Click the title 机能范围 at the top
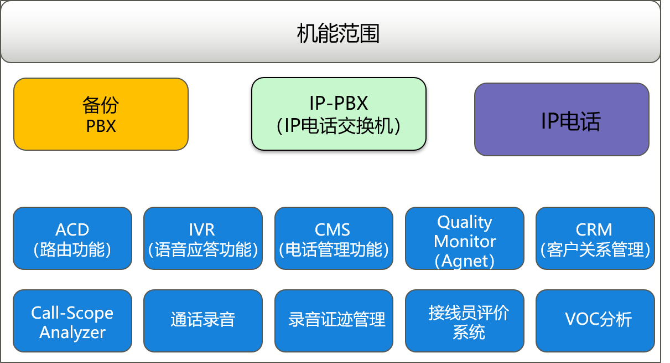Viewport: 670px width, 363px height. pyautogui.click(x=338, y=34)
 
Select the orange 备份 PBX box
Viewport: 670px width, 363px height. pyautogui.click(x=101, y=114)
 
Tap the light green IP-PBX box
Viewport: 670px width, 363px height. pyautogui.click(x=339, y=114)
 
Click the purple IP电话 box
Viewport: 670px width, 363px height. pyautogui.click(x=562, y=120)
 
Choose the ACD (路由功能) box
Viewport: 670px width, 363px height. pyautogui.click(x=72, y=239)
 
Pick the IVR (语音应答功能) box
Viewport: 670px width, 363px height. pyautogui.click(x=203, y=239)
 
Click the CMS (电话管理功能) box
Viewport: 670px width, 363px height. pyautogui.click(x=334, y=239)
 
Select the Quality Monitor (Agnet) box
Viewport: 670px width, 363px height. pyautogui.click(x=465, y=239)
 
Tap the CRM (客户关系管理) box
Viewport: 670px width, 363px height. pyautogui.click(x=595, y=239)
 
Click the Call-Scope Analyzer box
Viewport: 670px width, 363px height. pyautogui.click(x=72, y=321)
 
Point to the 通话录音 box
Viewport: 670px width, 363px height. pyautogui.click(x=203, y=321)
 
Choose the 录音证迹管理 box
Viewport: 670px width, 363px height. pyautogui.click(x=334, y=321)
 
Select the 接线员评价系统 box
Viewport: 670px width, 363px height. pyautogui.click(x=465, y=321)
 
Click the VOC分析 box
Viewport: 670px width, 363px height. pyautogui.click(x=595, y=321)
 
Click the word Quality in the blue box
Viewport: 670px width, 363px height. pyautogui.click(x=465, y=222)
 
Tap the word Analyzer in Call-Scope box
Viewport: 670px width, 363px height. pyautogui.click(x=72, y=333)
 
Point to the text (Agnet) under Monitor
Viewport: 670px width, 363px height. pyautogui.click(x=465, y=260)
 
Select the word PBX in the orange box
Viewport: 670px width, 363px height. pyautogui.click(x=101, y=126)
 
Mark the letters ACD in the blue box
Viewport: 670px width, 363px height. pyautogui.click(x=72, y=229)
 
